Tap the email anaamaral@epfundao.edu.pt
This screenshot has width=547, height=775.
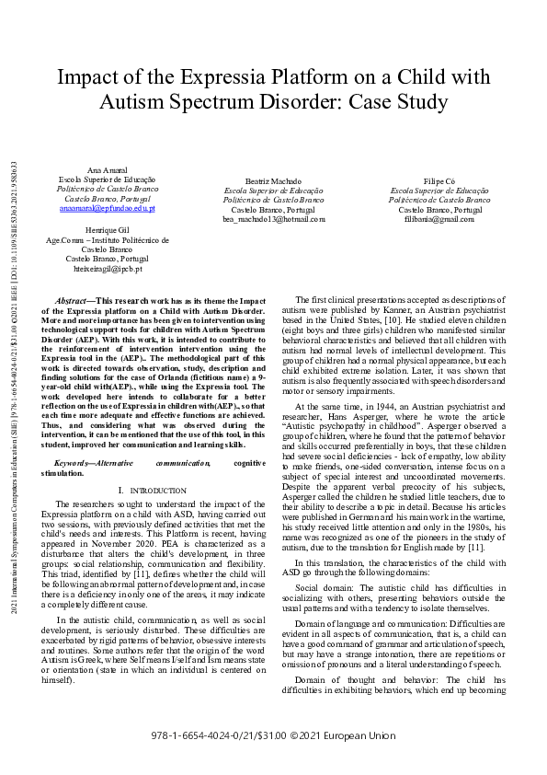[108, 209]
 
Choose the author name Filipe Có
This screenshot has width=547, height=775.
[437, 181]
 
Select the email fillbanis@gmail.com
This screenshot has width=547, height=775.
[437, 219]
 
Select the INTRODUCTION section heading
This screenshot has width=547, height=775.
[152, 491]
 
